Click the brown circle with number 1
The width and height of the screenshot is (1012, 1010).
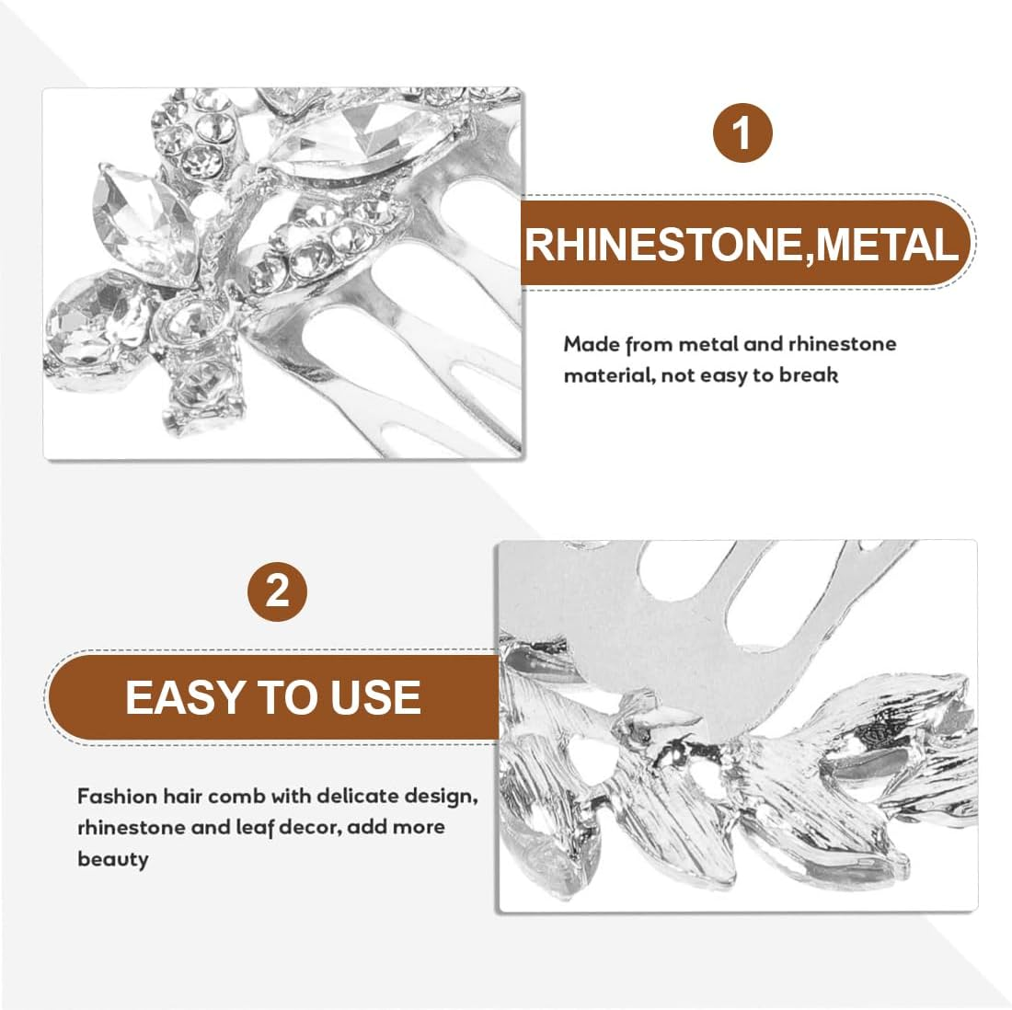coord(742,133)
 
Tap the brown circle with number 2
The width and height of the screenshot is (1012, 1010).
coord(278,591)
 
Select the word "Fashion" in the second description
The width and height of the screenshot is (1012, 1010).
coord(117,797)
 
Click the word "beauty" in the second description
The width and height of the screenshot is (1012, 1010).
coord(113,860)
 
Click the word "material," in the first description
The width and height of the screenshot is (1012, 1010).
coord(607,375)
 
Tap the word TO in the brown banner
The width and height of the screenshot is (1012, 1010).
coord(289,697)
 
